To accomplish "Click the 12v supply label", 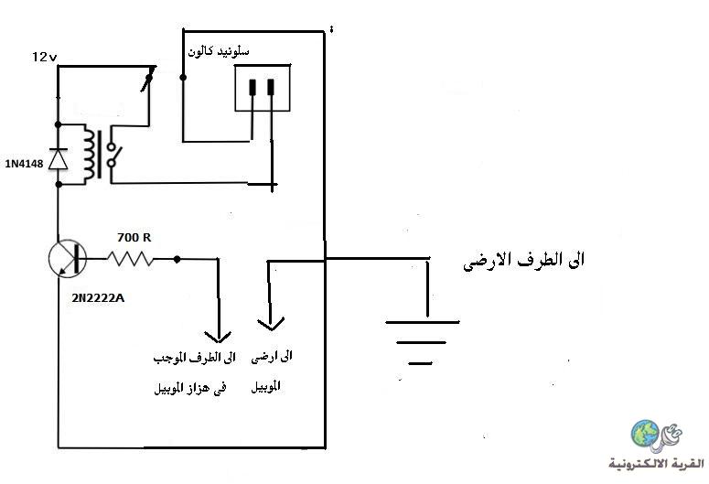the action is pyautogui.click(x=44, y=57).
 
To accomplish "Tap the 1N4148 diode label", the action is pyautogui.click(x=25, y=164).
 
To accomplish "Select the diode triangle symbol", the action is pyautogui.click(x=58, y=158).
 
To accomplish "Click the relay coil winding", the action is pyautogui.click(x=89, y=155).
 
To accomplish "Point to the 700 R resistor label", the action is pyautogui.click(x=134, y=237).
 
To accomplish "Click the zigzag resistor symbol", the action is pyautogui.click(x=131, y=259).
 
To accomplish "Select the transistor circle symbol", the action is pyautogui.click(x=68, y=259).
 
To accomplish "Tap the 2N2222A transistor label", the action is pyautogui.click(x=98, y=298).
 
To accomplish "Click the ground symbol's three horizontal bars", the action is pyautogui.click(x=423, y=342).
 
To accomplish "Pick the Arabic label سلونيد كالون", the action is pyautogui.click(x=219, y=51).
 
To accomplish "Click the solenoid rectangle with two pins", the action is pyautogui.click(x=263, y=88).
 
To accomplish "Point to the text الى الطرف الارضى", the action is pyautogui.click(x=524, y=261).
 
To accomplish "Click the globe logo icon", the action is pyautogui.click(x=646, y=433).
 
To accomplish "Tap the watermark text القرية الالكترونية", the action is pyautogui.click(x=657, y=463).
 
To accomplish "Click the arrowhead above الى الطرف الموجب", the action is pyautogui.click(x=218, y=337).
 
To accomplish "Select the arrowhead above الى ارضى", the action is pyautogui.click(x=271, y=324).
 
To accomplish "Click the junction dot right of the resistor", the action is pyautogui.click(x=177, y=259).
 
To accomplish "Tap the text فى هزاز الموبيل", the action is pyautogui.click(x=190, y=388).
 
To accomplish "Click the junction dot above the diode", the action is pyautogui.click(x=58, y=124).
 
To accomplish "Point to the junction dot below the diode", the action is pyautogui.click(x=58, y=184).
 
